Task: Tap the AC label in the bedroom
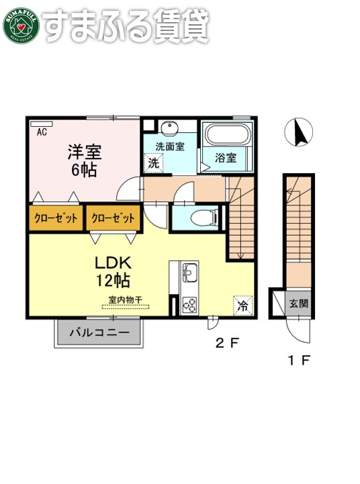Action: tap(41, 132)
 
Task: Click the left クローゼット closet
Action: tap(55, 217)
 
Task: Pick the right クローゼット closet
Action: tap(112, 217)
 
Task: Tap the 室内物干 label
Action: tap(124, 300)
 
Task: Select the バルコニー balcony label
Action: tap(99, 332)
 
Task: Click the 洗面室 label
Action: tap(170, 146)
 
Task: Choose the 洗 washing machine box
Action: tap(154, 162)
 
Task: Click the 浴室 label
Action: tap(225, 158)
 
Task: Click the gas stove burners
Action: tap(189, 303)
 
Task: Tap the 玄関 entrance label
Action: tap(299, 303)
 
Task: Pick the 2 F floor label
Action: tap(226, 344)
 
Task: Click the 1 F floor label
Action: tap(299, 361)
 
